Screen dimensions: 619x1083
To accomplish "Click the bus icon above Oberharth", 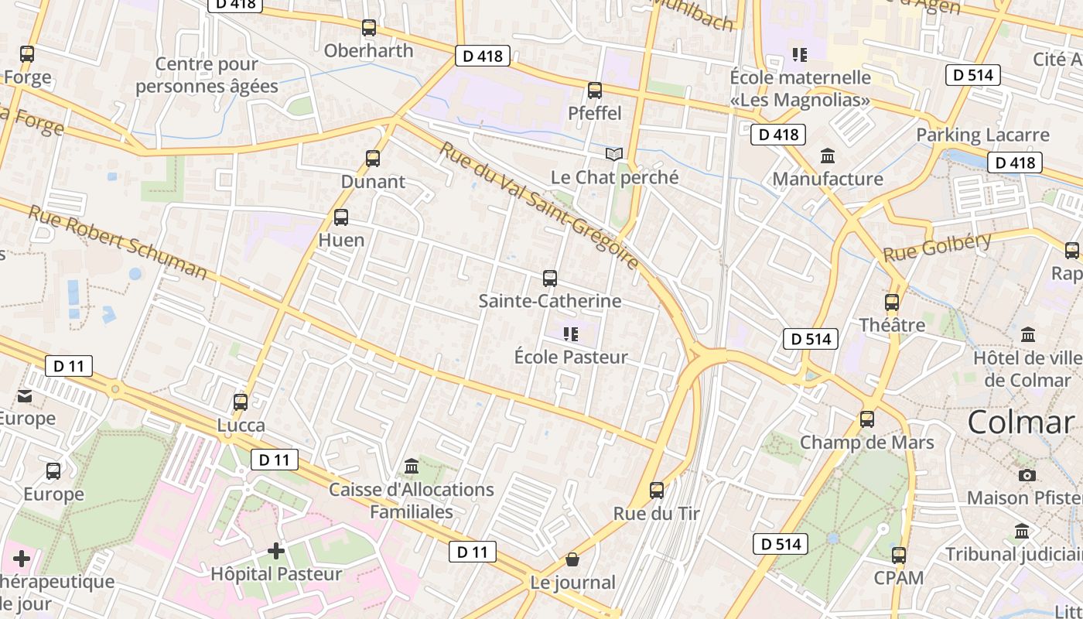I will click(369, 28).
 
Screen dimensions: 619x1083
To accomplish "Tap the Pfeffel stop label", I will click(595, 113).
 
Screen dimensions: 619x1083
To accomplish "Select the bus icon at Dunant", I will click(373, 159).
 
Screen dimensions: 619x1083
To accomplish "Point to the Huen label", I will click(341, 240).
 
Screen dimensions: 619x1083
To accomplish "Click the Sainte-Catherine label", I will click(550, 301).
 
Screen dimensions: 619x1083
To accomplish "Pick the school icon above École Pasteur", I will click(571, 334).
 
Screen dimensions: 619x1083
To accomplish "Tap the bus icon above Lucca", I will click(241, 402).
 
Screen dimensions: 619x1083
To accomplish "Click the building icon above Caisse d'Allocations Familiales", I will click(412, 467).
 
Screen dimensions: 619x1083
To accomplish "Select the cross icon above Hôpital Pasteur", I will click(276, 551).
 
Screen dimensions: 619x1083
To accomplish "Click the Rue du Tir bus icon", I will click(657, 490).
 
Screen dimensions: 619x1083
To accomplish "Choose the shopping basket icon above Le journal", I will click(572, 559).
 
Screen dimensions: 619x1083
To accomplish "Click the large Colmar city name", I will click(1021, 422).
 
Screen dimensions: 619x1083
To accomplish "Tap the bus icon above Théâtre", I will click(892, 303).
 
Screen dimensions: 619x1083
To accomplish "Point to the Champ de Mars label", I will click(866, 443).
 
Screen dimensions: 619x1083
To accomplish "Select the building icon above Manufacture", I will click(828, 156).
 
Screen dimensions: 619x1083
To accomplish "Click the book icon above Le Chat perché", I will click(614, 155).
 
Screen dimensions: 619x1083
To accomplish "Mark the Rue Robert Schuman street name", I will click(118, 242).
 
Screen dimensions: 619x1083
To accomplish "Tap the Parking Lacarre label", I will click(982, 135).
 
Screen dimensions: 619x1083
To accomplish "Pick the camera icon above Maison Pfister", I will click(1027, 475).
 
